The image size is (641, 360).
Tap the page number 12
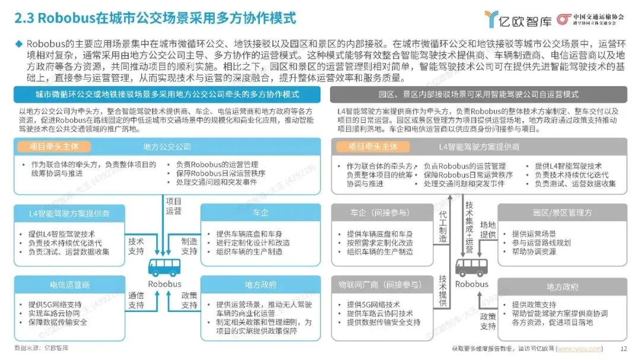(624, 349)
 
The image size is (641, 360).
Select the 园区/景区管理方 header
(562, 212)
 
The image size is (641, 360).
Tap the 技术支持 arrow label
(136, 246)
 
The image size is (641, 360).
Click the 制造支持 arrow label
(189, 246)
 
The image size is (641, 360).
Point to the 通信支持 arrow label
(136, 300)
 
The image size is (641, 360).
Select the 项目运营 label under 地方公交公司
(174, 205)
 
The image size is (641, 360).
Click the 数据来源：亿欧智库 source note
(41, 348)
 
